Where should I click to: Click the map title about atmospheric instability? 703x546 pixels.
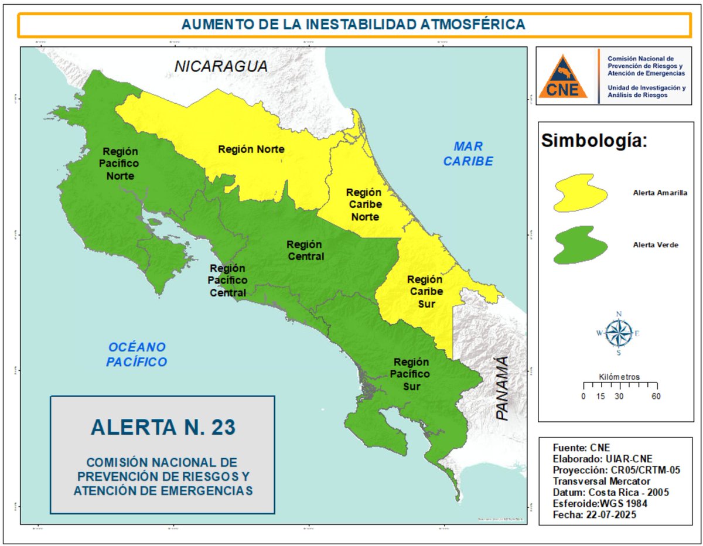click(x=353, y=24)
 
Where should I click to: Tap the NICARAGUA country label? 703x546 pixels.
click(x=221, y=66)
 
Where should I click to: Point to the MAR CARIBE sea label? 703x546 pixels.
click(x=467, y=153)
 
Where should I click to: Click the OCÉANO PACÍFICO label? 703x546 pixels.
click(x=136, y=354)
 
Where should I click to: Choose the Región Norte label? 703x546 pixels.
click(x=251, y=149)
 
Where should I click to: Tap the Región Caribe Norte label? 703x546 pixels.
click(x=363, y=204)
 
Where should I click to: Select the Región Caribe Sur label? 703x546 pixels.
click(x=425, y=291)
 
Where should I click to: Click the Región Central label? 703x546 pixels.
click(x=305, y=250)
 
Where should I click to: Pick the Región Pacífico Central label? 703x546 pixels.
click(x=227, y=280)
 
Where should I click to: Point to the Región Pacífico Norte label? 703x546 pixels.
click(x=120, y=164)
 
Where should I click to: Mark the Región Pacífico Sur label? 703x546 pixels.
click(x=411, y=374)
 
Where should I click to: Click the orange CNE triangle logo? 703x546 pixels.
click(x=563, y=77)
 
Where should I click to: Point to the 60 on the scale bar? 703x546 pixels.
click(x=655, y=397)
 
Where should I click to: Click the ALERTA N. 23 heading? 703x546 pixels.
click(x=163, y=427)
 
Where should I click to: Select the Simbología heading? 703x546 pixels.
click(x=593, y=141)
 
